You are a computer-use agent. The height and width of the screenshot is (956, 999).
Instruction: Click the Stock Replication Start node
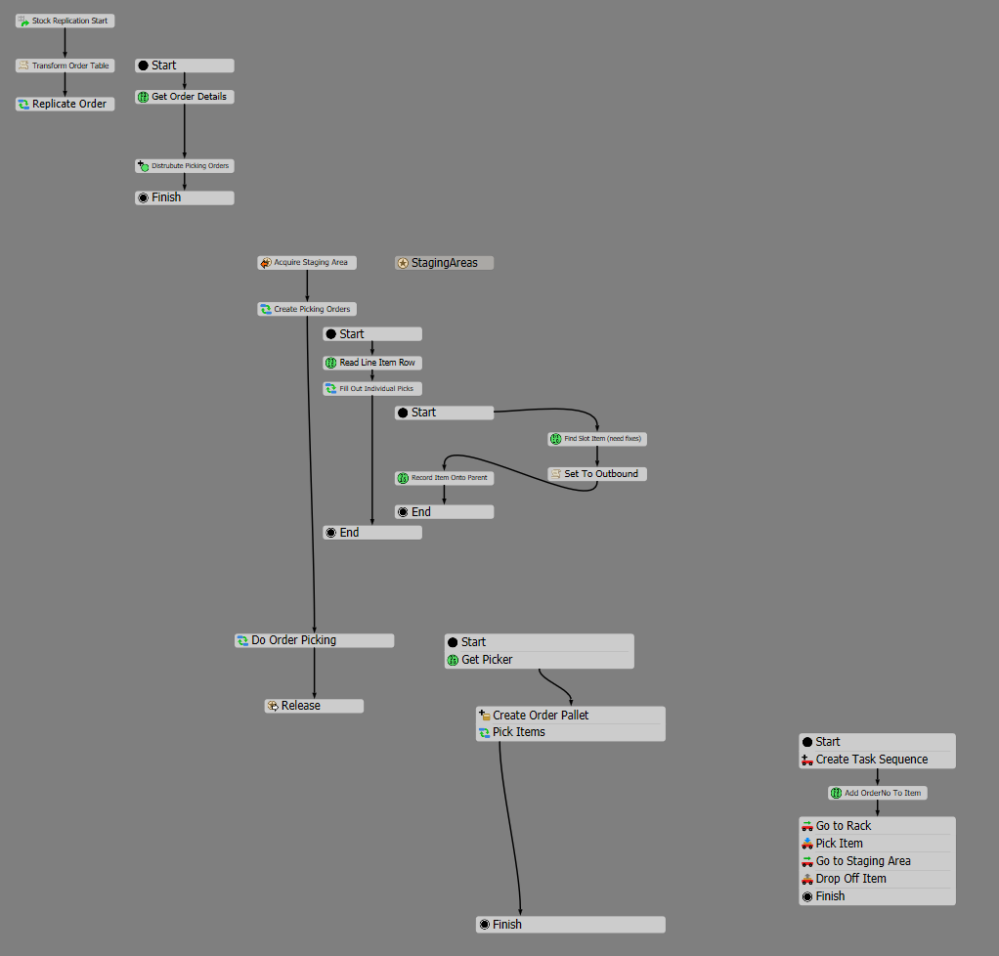point(65,21)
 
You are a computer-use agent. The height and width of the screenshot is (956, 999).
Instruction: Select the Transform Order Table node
point(65,65)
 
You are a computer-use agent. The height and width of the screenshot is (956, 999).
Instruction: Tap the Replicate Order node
point(65,104)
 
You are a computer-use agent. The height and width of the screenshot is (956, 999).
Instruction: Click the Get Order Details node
point(185,97)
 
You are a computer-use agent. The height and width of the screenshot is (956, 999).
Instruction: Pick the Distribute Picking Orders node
point(185,166)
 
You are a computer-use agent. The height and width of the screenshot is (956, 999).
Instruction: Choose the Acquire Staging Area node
point(307,263)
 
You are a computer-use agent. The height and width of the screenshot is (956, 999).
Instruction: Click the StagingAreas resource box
point(444,263)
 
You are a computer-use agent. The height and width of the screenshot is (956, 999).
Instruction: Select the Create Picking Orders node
point(307,309)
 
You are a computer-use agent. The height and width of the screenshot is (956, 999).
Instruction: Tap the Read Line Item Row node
point(372,363)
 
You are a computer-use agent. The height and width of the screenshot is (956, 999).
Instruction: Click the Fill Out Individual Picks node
point(372,389)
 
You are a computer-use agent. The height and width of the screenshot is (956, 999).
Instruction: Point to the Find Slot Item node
point(597,440)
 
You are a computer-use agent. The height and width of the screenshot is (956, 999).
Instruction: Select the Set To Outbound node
point(597,474)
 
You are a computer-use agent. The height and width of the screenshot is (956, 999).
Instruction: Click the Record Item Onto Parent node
point(445,478)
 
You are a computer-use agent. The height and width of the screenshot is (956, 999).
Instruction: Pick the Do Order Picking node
point(314,640)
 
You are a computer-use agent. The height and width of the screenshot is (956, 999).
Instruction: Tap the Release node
point(314,706)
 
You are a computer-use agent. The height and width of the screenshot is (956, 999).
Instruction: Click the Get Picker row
point(539,660)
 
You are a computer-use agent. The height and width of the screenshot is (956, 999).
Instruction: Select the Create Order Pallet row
point(570,716)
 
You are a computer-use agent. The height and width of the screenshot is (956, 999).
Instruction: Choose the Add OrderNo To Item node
point(877,793)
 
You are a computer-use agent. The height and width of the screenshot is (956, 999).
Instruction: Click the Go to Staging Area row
point(877,861)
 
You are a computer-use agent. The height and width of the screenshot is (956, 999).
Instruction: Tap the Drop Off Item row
point(877,879)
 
